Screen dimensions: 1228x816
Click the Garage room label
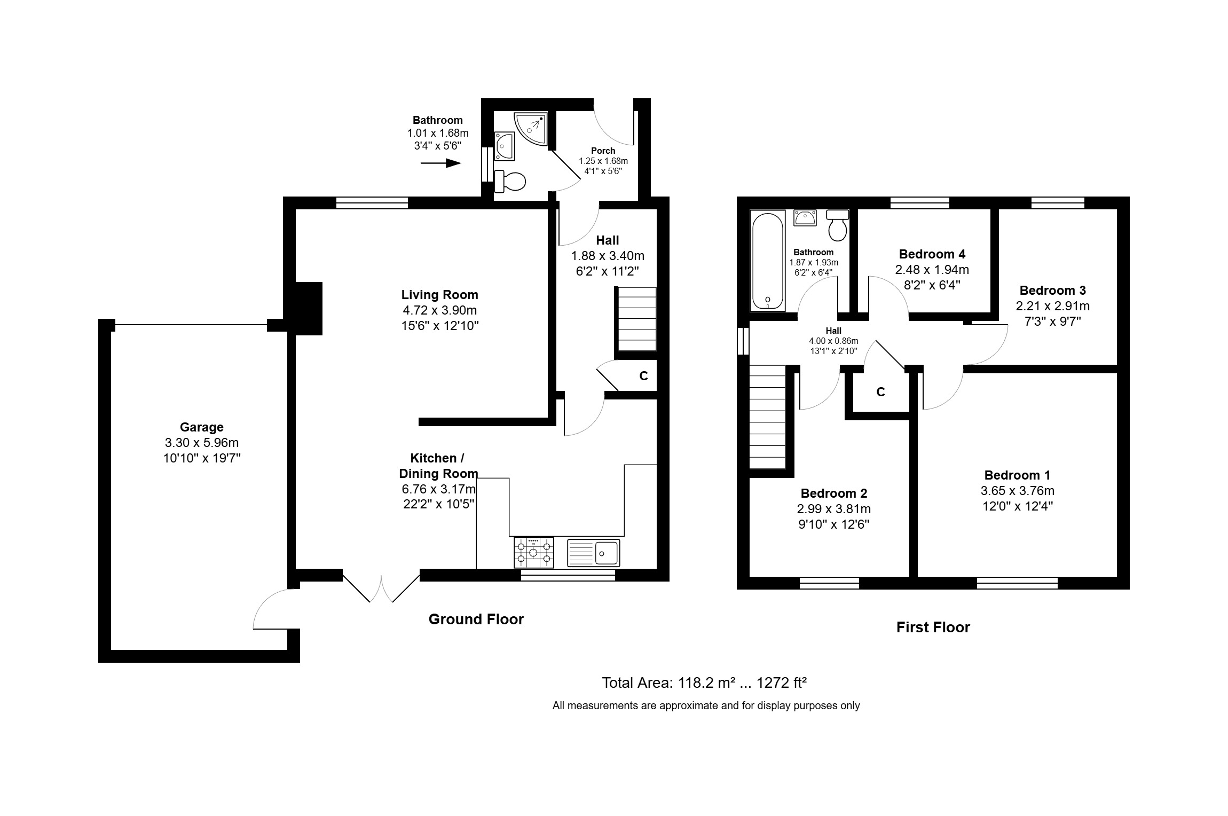201,427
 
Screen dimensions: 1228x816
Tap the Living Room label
439,295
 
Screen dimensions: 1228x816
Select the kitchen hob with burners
534,552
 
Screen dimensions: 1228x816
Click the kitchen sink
593,552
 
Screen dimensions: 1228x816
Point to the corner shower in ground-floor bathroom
531,129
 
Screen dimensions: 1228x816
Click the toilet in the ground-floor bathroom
510,182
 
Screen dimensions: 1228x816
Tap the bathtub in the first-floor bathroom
768,261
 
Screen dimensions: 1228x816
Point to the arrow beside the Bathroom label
440,163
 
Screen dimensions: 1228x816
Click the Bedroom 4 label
932,254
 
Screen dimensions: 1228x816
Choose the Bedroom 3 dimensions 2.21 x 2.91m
1052,306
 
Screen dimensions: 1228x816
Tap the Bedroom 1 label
1017,475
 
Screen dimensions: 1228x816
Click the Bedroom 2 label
833,493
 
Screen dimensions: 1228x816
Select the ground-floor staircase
635,319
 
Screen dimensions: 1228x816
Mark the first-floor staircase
768,417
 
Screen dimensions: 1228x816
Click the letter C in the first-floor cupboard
880,392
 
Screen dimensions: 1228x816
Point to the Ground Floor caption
476,619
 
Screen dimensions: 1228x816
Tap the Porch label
603,151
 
